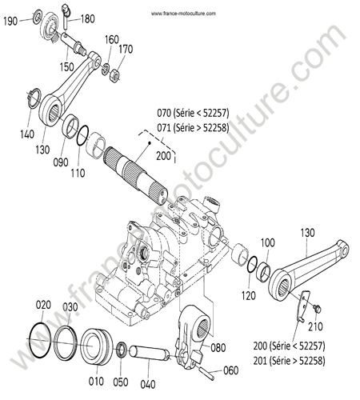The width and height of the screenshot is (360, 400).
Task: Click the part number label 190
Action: [x=10, y=21]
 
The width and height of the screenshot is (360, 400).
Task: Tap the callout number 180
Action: [x=87, y=19]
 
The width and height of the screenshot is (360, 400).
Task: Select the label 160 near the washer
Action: [x=111, y=39]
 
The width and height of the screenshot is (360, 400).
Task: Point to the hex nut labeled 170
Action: [x=114, y=76]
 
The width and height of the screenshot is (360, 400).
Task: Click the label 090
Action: [x=61, y=162]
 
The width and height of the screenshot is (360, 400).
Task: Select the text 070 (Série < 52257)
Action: [x=193, y=114]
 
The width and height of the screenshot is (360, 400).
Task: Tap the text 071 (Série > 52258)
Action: [x=193, y=128]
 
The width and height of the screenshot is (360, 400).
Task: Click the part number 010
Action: [x=96, y=382]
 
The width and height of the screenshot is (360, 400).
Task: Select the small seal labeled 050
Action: [x=122, y=350]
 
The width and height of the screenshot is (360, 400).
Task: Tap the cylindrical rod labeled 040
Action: [x=149, y=353]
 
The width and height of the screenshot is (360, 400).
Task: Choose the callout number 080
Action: [x=218, y=348]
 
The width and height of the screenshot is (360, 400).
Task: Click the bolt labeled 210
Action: [x=318, y=309]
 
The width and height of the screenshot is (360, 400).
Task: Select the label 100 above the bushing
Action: [x=267, y=243]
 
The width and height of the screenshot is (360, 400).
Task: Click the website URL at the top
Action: [x=183, y=14]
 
